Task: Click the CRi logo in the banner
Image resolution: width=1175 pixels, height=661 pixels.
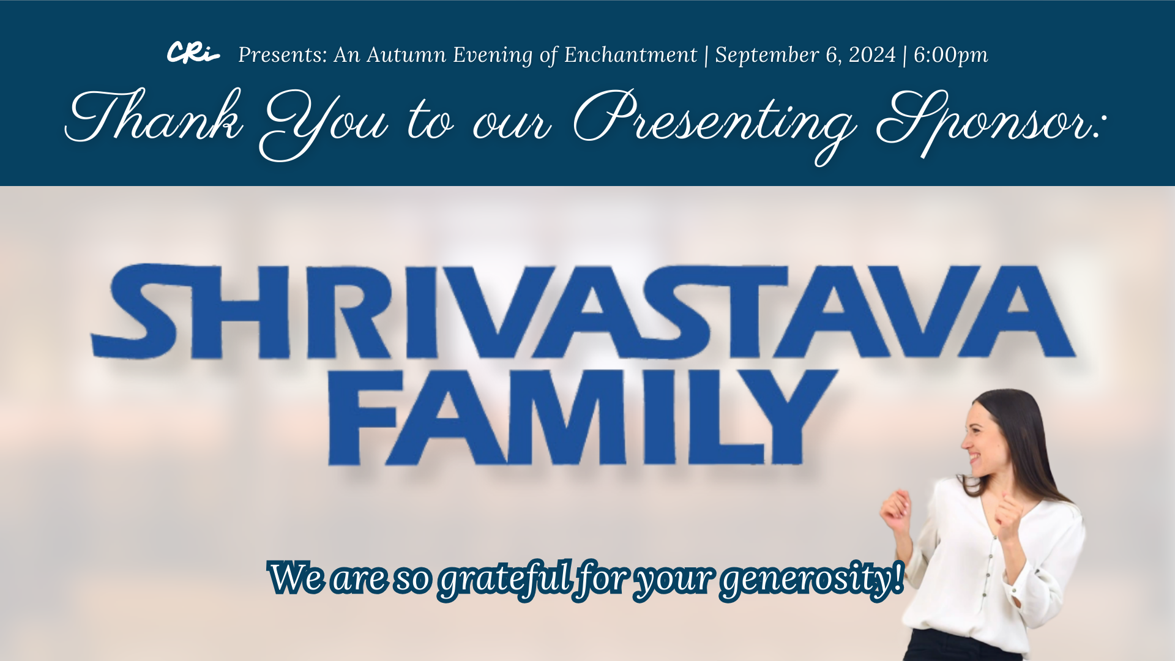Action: click(x=193, y=53)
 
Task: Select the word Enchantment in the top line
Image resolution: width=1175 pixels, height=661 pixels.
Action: click(x=630, y=55)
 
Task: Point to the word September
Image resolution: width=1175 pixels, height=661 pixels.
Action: click(x=767, y=56)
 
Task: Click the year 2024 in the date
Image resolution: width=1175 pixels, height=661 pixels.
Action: click(x=872, y=54)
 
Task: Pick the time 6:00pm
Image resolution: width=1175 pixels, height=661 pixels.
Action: click(x=950, y=56)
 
